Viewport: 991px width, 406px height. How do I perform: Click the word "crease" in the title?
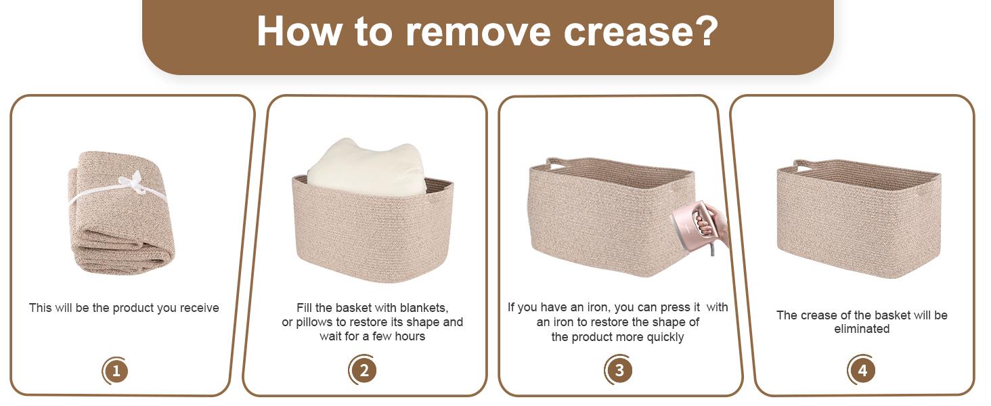(628, 32)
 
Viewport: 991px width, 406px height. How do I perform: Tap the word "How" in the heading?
(300, 31)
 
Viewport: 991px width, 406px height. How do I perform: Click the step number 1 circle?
(116, 371)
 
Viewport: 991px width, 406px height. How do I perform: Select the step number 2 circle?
(364, 369)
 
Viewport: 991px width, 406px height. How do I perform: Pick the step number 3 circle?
(619, 369)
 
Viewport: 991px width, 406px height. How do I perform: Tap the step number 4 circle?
(862, 369)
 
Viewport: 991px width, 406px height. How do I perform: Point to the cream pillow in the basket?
(367, 167)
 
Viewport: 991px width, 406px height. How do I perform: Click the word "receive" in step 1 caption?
(199, 309)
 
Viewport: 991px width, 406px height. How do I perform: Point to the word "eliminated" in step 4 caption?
(862, 329)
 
